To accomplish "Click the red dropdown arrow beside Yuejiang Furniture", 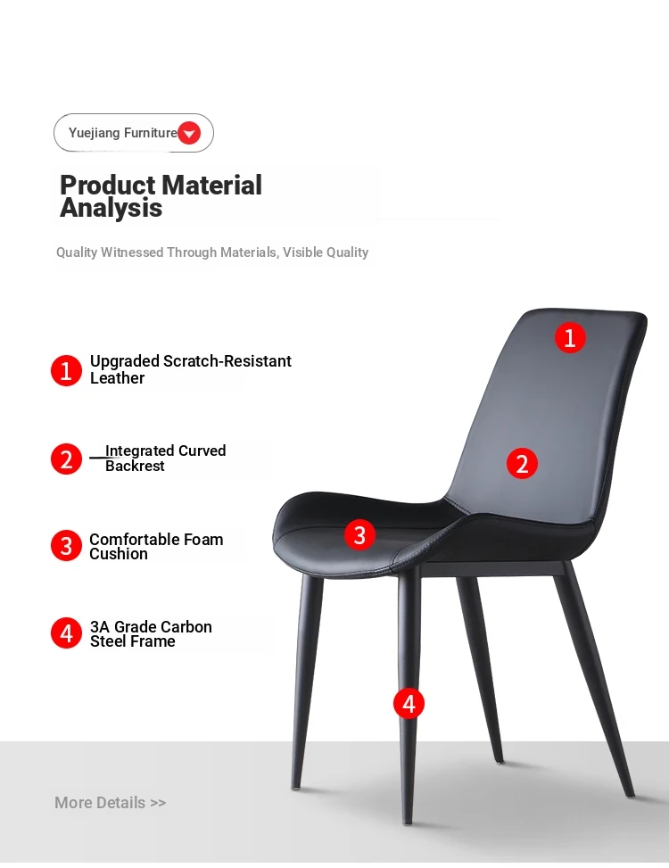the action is coord(189,133).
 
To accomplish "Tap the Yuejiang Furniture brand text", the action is coord(123,133).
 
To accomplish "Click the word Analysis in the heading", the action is coord(111,208).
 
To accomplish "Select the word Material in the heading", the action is coord(211,185).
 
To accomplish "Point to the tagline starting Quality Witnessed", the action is coord(212,252).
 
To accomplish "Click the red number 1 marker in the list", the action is coord(66,370).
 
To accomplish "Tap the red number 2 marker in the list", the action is coord(66,459).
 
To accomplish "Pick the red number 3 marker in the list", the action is coord(66,546).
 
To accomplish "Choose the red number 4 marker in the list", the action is coord(66,632).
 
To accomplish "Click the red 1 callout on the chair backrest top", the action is coord(571,338).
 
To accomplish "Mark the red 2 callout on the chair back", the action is coord(522,463).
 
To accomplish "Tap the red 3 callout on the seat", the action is coord(359,534).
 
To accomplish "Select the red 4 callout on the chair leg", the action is coord(409,704).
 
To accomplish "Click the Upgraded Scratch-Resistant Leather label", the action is coord(190,369).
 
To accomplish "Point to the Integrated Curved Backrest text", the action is coord(165,459).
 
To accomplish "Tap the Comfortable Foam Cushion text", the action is coord(156,546).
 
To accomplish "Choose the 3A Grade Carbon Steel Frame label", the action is coord(151,634).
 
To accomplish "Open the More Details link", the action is coord(110,803).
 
